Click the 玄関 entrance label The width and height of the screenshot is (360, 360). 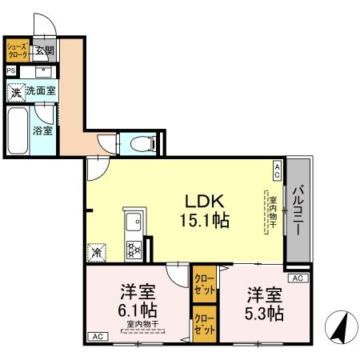(x=45, y=51)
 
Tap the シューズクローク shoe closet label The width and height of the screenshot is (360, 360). (x=18, y=51)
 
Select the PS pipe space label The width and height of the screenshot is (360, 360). (x=10, y=70)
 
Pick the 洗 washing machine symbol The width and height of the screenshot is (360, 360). (x=16, y=91)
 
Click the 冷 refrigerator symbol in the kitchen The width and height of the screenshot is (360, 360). (x=97, y=252)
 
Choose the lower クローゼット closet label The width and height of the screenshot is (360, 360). (x=204, y=324)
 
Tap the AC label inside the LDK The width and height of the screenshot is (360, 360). (x=278, y=170)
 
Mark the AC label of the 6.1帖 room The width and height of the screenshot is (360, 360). (x=98, y=338)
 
